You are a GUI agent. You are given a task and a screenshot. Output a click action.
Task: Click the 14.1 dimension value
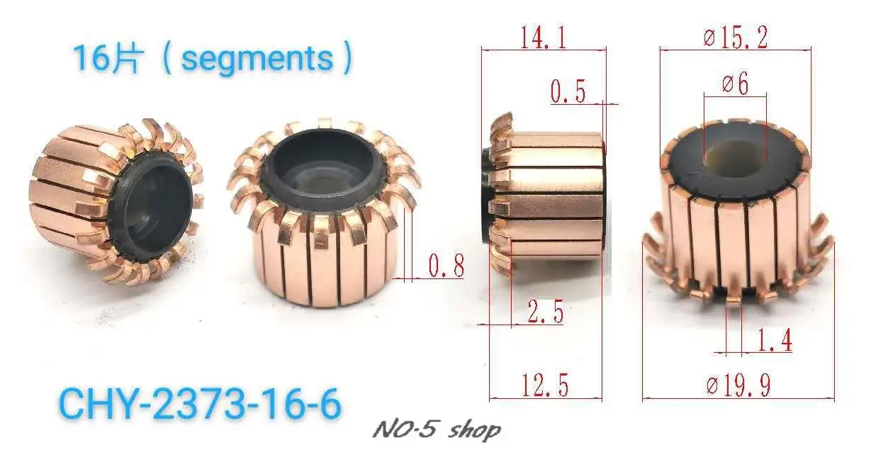coord(543,38)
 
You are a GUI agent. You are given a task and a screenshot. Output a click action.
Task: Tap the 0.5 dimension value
coord(568,91)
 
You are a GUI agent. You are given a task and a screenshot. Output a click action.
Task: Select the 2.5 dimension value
coord(546,312)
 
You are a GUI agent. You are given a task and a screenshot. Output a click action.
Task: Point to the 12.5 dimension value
coord(545,385)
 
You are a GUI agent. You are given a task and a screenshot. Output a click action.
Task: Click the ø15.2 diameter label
coord(736,38)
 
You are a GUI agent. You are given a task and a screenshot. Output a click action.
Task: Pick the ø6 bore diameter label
coord(736,83)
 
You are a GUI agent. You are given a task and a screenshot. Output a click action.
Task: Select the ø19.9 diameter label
coord(738,385)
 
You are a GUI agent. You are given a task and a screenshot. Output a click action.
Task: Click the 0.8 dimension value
coord(446,266)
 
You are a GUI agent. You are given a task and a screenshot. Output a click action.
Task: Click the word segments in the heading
coord(257,59)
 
